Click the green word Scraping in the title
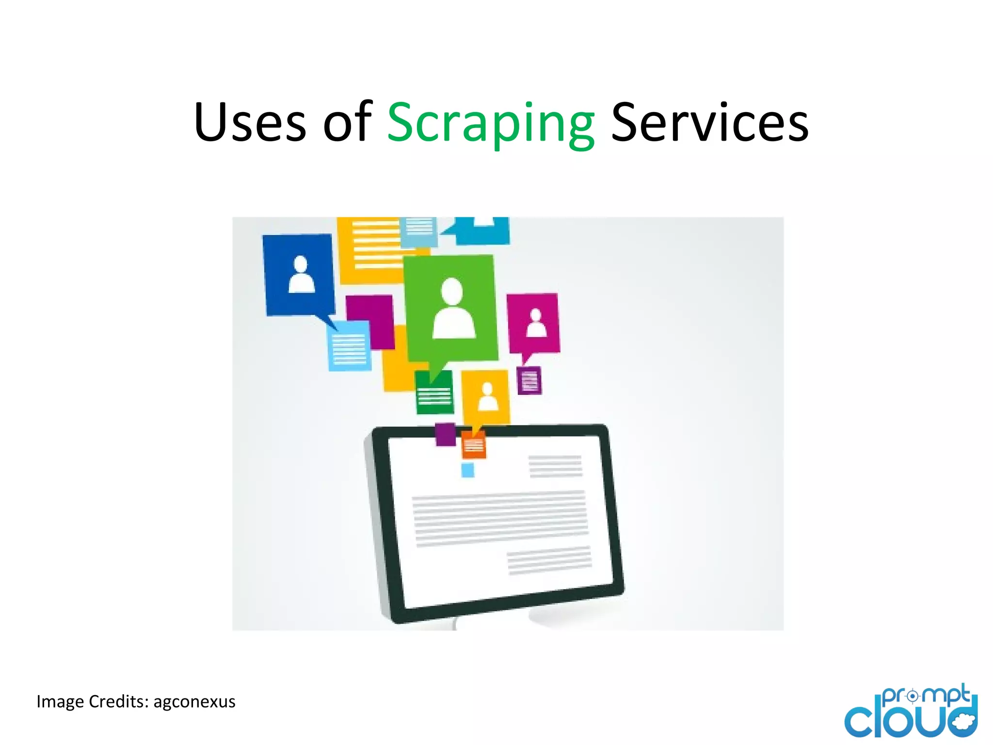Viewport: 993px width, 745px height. pos(491,123)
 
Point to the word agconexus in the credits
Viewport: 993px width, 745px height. pos(194,702)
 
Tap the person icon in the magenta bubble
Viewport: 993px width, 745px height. pos(536,323)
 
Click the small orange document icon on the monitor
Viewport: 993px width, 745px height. pos(474,445)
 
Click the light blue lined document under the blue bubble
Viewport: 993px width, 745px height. pos(349,347)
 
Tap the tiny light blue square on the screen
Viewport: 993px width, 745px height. pos(467,470)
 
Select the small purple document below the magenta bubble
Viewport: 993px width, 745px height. pos(529,381)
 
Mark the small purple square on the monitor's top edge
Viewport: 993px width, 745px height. pos(445,434)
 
